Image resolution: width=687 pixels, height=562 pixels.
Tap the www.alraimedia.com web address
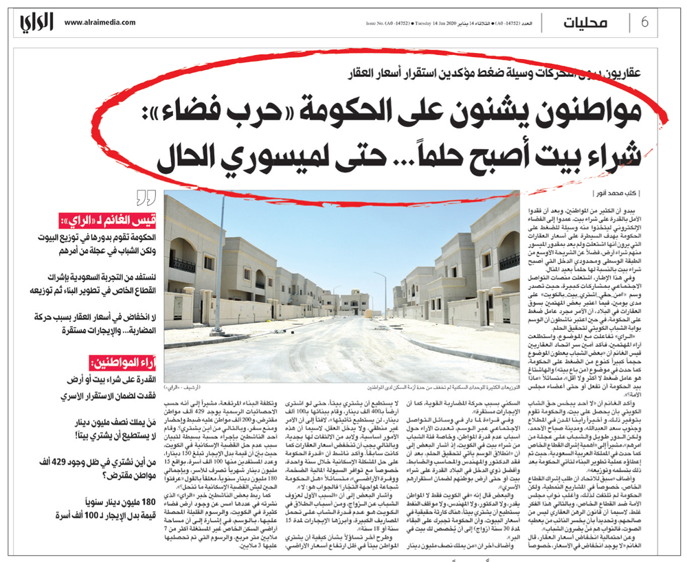point(100,22)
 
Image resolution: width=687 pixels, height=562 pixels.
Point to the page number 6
point(644,22)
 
